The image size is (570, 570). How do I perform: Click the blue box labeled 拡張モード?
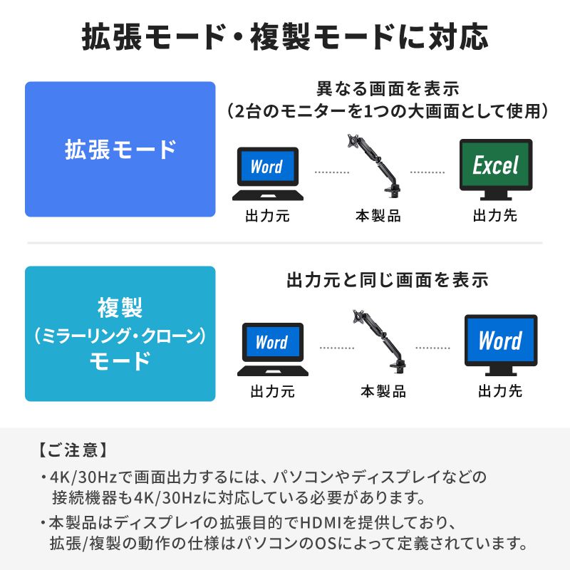tap(120, 149)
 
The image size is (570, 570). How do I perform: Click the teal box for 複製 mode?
tap(120, 333)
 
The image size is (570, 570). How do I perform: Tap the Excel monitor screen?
tap(495, 166)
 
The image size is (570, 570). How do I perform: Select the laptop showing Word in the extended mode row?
tap(267, 175)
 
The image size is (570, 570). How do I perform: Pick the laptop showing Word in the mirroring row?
tap(272, 349)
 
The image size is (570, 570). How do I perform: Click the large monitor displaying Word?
tap(500, 342)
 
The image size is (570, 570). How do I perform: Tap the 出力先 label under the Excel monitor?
tap(495, 215)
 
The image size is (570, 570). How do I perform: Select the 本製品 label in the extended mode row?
tap(378, 215)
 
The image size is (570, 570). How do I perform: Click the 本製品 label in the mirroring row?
tap(383, 391)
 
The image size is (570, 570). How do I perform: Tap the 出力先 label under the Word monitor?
tap(500, 390)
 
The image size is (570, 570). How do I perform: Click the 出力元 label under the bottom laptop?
tap(272, 391)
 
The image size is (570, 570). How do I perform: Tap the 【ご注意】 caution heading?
tap(72, 450)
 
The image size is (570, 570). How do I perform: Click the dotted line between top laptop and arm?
tap(332, 172)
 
